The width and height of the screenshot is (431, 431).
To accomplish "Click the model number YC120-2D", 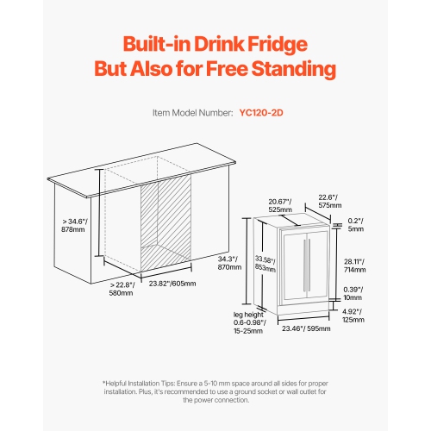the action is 261,113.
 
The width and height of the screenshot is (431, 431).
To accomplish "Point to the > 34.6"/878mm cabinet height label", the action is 74,225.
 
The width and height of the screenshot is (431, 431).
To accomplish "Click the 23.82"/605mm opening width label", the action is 172,284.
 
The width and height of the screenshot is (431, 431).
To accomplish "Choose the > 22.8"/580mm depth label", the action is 122,289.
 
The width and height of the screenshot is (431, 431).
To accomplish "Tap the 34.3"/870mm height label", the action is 229,263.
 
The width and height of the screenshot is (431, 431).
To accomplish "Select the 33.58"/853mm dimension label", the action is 265,264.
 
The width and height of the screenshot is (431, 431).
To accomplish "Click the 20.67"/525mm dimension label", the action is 280,205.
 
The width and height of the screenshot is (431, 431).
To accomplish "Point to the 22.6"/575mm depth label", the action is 330,201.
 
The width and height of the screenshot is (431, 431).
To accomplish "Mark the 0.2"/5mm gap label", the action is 356,225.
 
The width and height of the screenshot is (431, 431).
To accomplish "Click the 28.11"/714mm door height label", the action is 355,265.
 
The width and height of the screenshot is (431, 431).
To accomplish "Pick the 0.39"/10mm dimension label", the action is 353,293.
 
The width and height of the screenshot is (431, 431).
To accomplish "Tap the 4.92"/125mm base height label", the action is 353,315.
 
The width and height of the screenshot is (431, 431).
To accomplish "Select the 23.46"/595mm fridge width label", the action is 306,328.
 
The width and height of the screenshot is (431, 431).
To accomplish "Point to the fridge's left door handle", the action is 304,265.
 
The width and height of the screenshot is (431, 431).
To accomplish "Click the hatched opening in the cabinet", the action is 166,223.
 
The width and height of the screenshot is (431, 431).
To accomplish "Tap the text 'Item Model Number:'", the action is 192,113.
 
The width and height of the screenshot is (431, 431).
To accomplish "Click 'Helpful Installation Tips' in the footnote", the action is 140,384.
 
